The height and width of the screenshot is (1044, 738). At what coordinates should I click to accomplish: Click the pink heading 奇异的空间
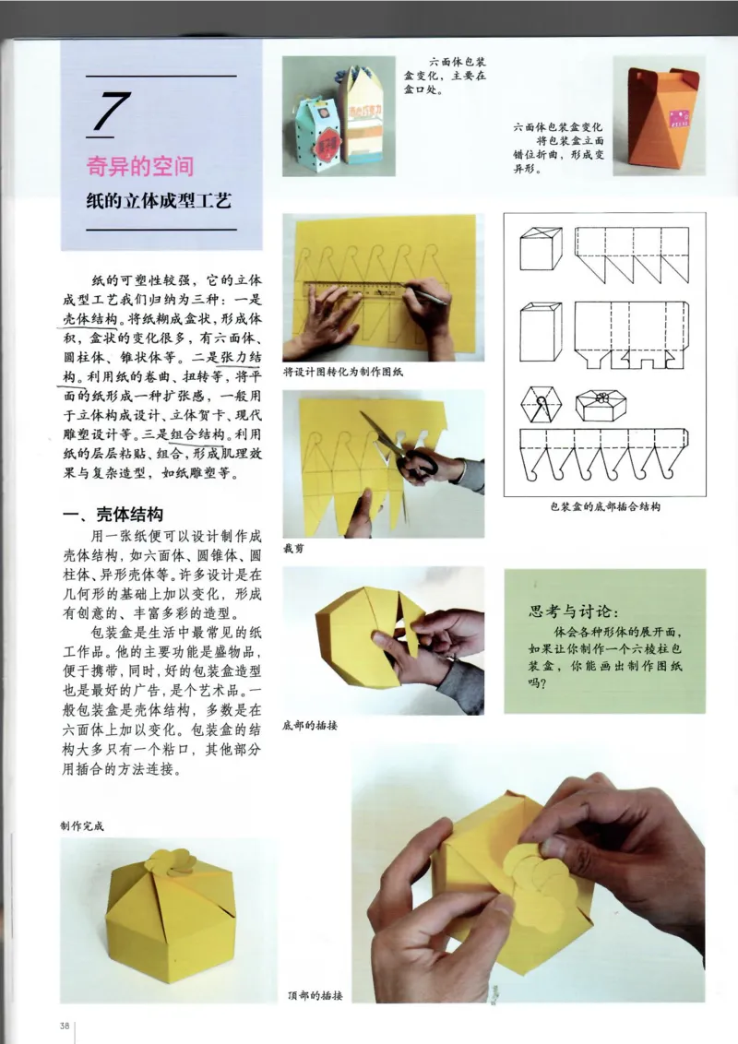point(140,166)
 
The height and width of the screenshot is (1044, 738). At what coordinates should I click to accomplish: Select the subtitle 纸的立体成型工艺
point(159,200)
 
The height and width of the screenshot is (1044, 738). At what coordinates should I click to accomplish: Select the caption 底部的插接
point(310,725)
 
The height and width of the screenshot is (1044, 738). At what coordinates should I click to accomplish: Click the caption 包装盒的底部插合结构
point(604,506)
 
